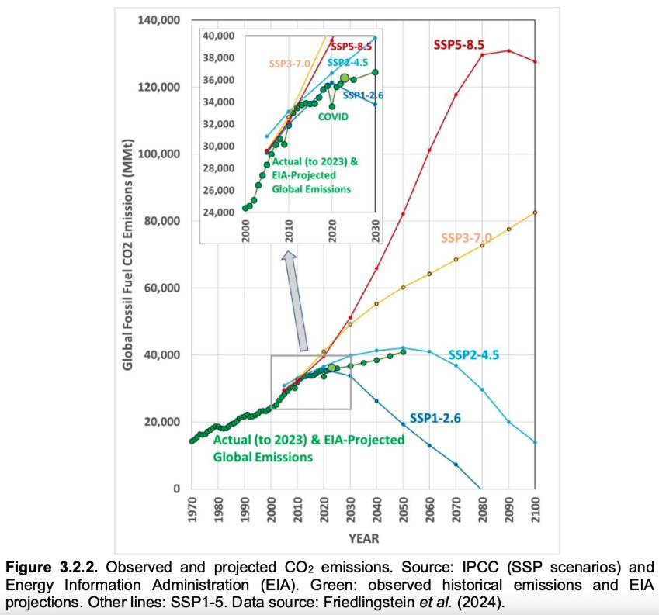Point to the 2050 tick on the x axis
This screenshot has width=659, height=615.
click(404, 510)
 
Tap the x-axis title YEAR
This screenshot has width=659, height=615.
click(363, 537)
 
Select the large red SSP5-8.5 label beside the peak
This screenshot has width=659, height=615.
click(463, 44)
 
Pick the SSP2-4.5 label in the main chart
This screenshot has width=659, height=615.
click(473, 355)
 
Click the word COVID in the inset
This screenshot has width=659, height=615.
click(331, 116)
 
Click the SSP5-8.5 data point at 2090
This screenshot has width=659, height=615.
click(508, 51)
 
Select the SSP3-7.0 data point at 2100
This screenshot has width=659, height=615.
click(535, 212)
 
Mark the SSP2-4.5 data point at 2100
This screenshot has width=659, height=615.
click(535, 442)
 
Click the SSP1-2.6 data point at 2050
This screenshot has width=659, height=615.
click(403, 424)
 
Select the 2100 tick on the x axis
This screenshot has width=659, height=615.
click(536, 510)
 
